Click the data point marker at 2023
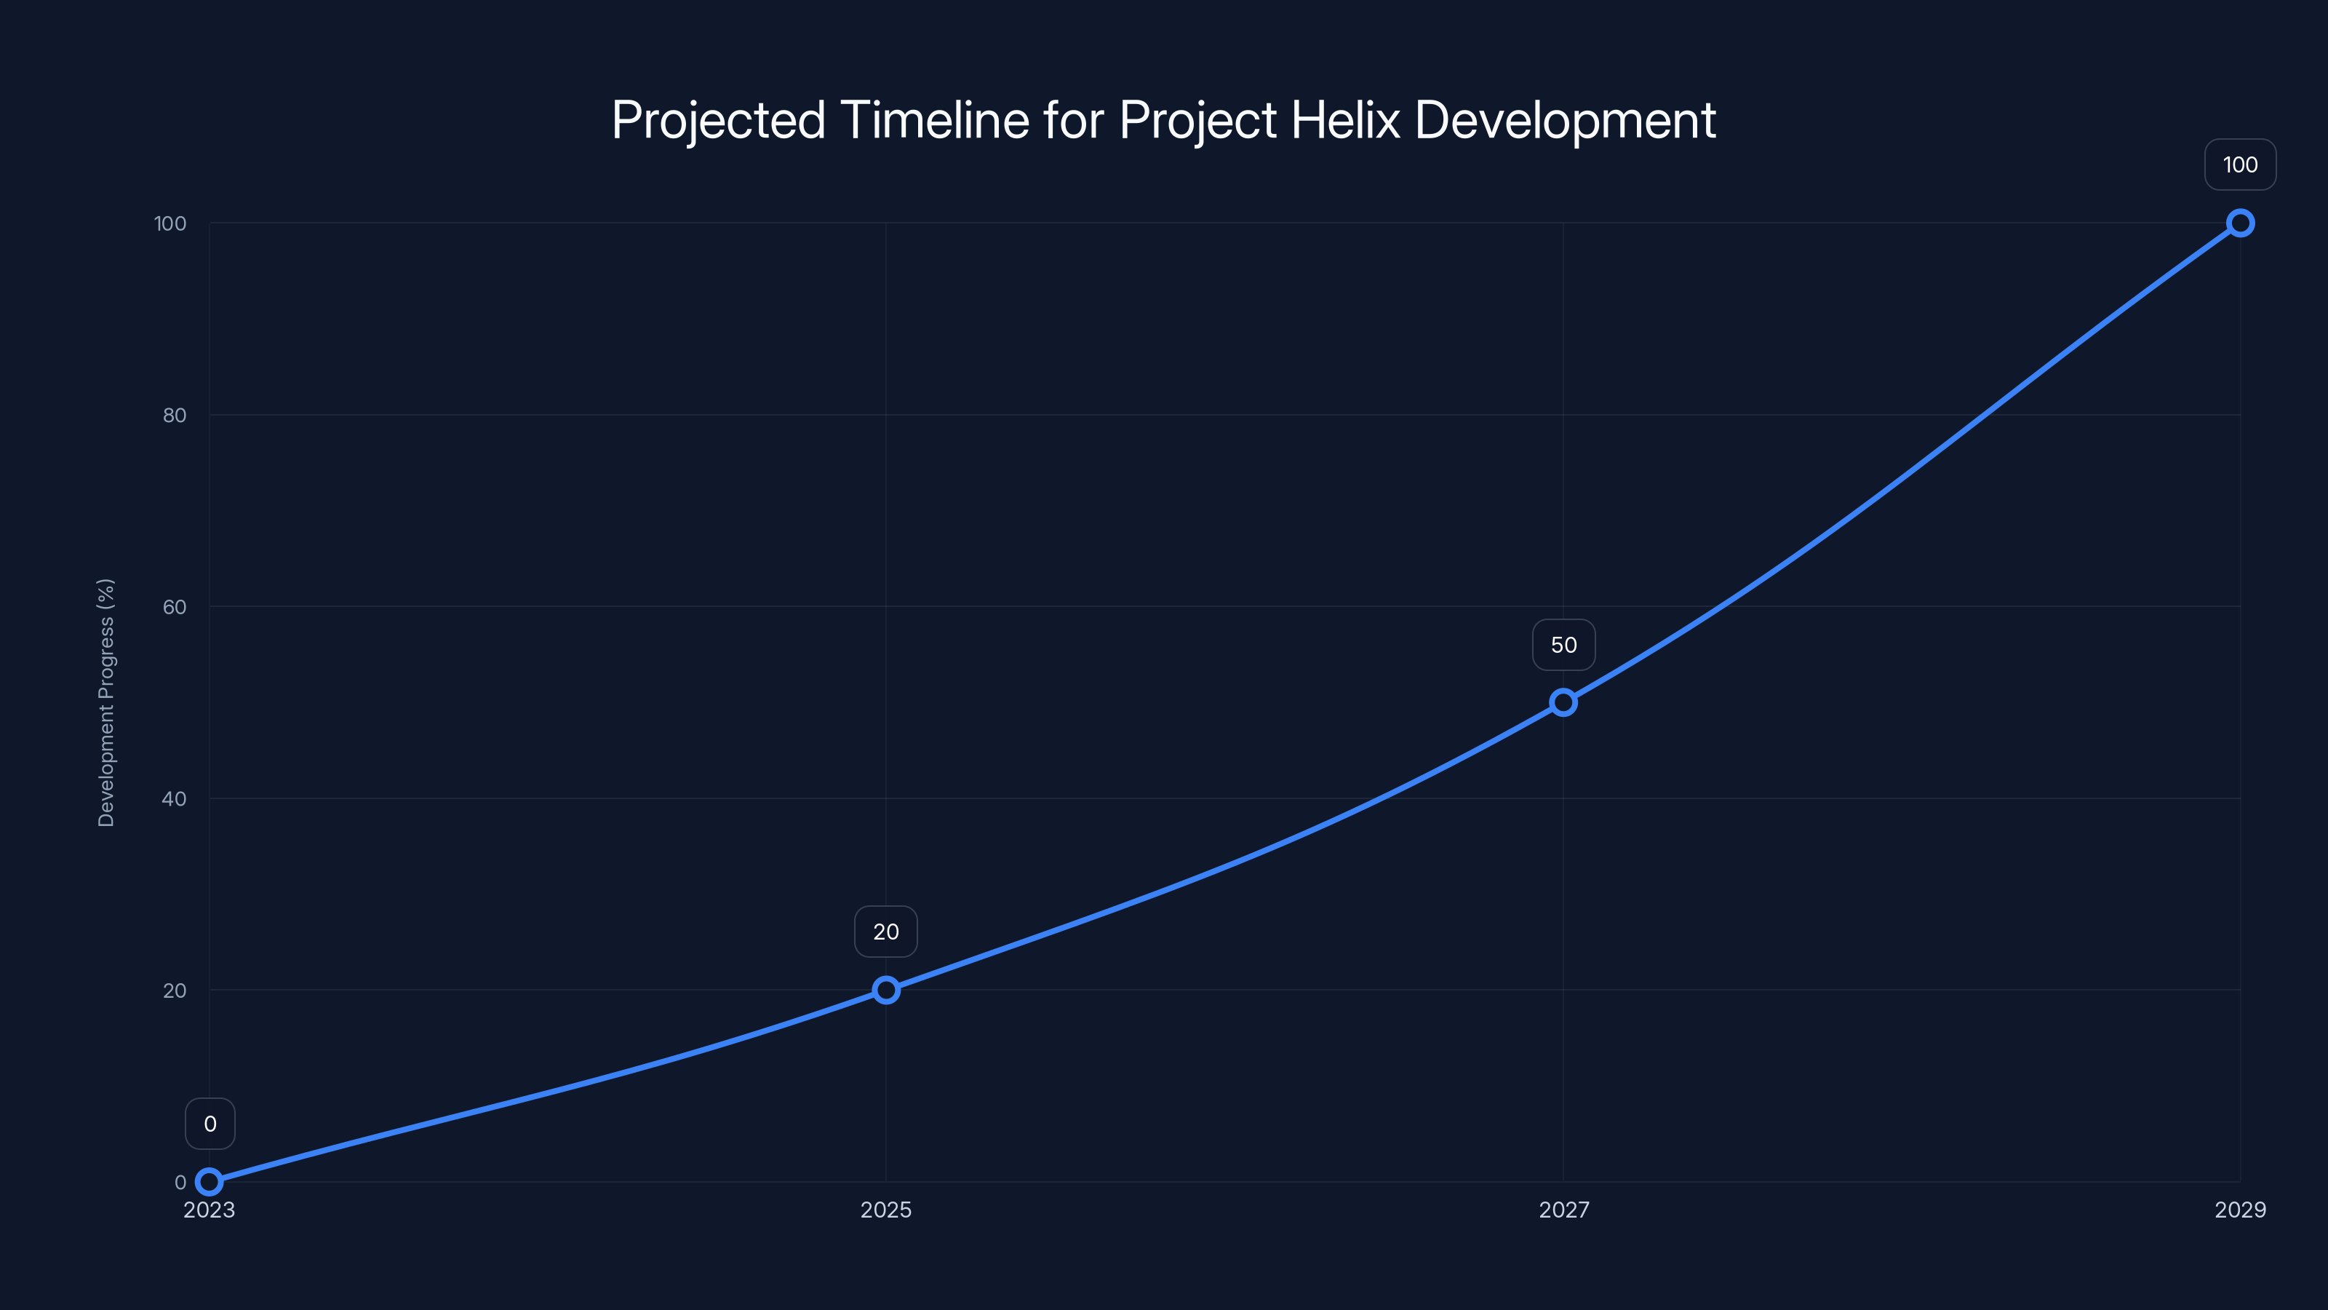pyautogui.click(x=209, y=1182)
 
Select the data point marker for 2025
pyautogui.click(x=885, y=990)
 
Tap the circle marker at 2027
pyautogui.click(x=1563, y=702)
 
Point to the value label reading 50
pyautogui.click(x=1563, y=645)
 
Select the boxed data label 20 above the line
pyautogui.click(x=885, y=932)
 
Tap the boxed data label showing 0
pyautogui.click(x=210, y=1124)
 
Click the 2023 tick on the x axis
pyautogui.click(x=209, y=1210)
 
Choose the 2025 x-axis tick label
pyautogui.click(x=885, y=1210)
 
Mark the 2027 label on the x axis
pyautogui.click(x=1563, y=1210)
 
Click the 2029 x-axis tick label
pyautogui.click(x=2239, y=1210)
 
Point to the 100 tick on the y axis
pyautogui.click(x=170, y=223)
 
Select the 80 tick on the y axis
pyautogui.click(x=175, y=415)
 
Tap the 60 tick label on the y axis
pyautogui.click(x=175, y=607)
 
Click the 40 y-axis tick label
pyautogui.click(x=175, y=798)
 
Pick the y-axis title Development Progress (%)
pyautogui.click(x=105, y=702)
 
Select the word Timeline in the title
pyautogui.click(x=934, y=119)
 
